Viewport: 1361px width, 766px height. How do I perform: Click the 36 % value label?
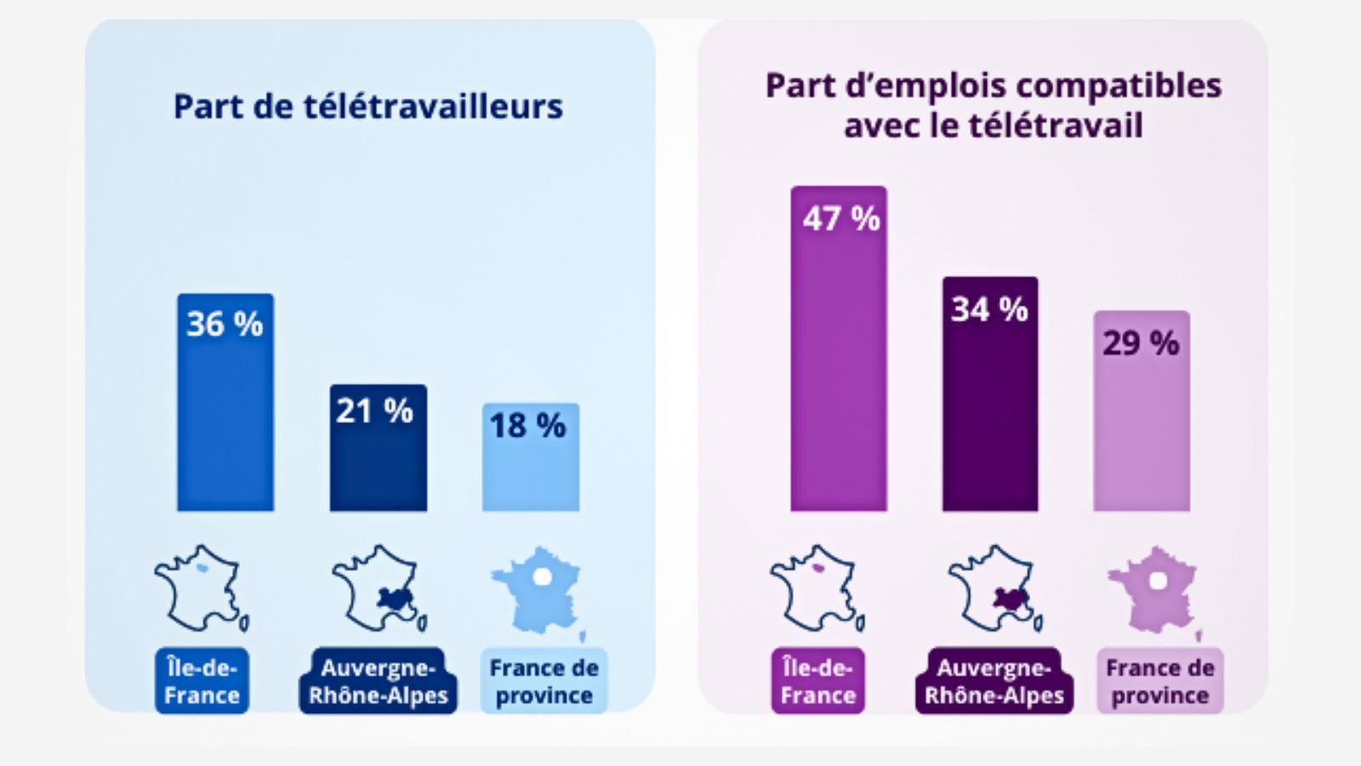[225, 324]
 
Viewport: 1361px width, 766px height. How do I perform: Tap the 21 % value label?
[374, 411]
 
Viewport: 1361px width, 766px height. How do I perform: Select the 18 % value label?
[527, 426]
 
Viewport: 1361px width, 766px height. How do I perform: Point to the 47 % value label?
[841, 219]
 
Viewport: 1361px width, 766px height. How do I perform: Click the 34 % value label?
[989, 309]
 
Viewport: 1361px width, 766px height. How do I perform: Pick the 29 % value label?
[1141, 343]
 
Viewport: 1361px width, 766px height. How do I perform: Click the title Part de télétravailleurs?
[368, 106]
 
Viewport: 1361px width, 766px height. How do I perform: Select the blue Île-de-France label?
[202, 681]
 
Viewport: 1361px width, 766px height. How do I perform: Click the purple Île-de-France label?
[818, 681]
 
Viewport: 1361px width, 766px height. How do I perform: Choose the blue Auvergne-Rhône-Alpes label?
[378, 681]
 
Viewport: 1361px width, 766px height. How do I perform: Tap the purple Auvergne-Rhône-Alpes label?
[994, 681]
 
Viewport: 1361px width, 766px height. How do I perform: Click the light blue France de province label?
[544, 681]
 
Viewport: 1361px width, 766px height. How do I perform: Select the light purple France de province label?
[1160, 681]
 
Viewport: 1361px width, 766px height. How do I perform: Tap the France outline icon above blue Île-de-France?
[201, 588]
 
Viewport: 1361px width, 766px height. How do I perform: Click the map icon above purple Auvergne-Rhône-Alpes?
[994, 588]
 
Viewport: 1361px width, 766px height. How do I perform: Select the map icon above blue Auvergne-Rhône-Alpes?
[379, 588]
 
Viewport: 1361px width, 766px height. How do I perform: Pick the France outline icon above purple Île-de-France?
[817, 588]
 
